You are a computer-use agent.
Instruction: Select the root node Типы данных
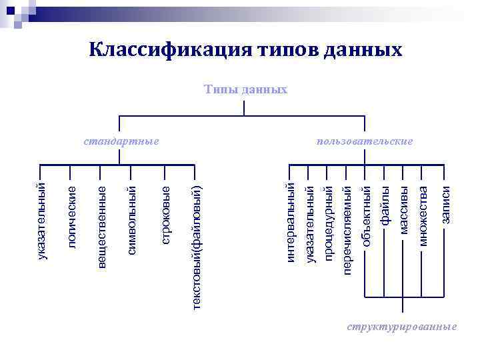tap(245, 89)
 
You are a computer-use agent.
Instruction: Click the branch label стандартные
tap(121, 141)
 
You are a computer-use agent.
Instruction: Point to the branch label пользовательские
tap(365, 141)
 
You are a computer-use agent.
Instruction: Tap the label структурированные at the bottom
tap(402, 327)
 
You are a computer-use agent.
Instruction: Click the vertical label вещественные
tap(101, 227)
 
